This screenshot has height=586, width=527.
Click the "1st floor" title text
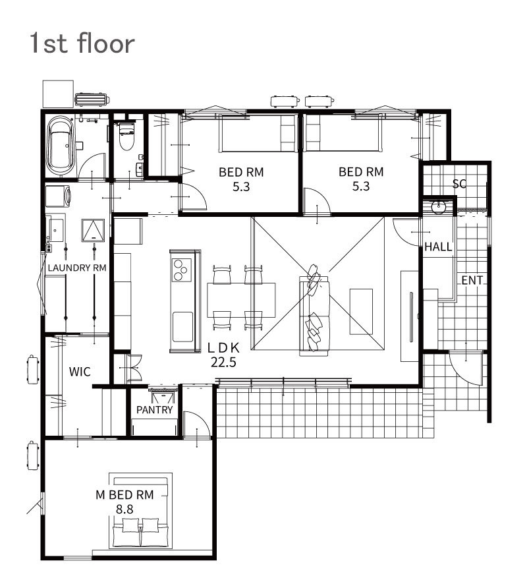pyautogui.click(x=82, y=43)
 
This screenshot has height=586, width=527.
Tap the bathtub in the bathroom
pyautogui.click(x=60, y=146)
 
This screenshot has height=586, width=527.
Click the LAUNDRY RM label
pyautogui.click(x=77, y=268)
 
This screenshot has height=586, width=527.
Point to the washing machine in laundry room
pyautogui.click(x=58, y=196)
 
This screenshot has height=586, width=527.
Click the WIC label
pyautogui.click(x=80, y=372)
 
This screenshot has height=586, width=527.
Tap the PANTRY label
pyautogui.click(x=154, y=410)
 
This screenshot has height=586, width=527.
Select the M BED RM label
pyautogui.click(x=125, y=495)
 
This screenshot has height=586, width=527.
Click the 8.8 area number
pyautogui.click(x=125, y=509)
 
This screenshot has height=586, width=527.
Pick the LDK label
pyautogui.click(x=223, y=348)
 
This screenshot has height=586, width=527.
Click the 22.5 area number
pyautogui.click(x=223, y=362)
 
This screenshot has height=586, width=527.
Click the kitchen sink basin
pyautogui.click(x=182, y=327)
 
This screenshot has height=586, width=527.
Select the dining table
pyautogui.click(x=241, y=300)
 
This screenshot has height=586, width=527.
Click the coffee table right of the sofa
pyautogui.click(x=361, y=311)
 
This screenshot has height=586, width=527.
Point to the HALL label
pyautogui.click(x=438, y=247)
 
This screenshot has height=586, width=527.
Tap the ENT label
pyautogui.click(x=472, y=280)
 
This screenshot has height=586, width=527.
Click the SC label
pyautogui.click(x=459, y=183)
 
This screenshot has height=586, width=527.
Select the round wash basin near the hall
pyautogui.click(x=437, y=207)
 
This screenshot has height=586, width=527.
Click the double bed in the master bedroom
pyautogui.click(x=140, y=511)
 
